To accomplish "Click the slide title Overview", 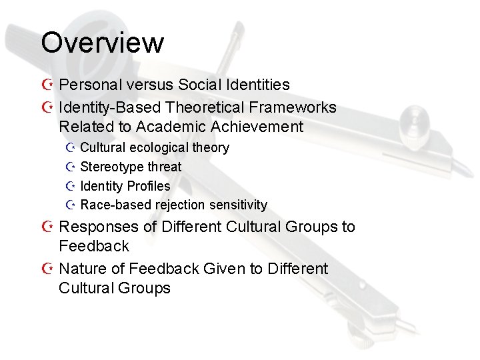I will tap(102, 43).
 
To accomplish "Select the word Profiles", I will tap(148, 186).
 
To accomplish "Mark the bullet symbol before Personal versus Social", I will tap(46, 85).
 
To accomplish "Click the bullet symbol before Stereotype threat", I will tap(71, 167).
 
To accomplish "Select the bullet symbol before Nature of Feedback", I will tap(46, 269).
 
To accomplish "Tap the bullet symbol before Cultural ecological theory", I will tap(71, 147).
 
